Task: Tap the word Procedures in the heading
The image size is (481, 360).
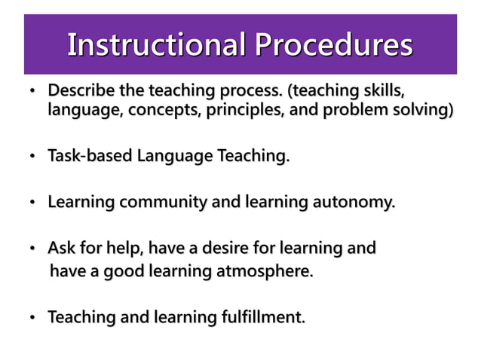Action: coord(332,44)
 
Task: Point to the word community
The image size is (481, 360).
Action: coord(158,203)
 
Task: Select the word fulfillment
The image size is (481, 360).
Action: coord(261,318)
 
